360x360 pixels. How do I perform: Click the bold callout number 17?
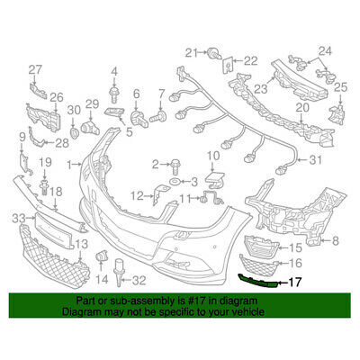[294, 283]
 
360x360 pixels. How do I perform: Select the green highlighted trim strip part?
[257, 281]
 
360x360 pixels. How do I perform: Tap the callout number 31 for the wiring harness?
[315, 160]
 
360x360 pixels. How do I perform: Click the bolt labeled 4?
[114, 94]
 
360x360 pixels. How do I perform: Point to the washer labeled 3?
[175, 181]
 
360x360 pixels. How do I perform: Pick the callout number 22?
[251, 61]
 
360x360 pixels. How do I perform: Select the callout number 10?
[213, 157]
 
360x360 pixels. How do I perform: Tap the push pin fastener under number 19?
[45, 187]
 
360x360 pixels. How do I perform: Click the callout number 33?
[19, 218]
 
